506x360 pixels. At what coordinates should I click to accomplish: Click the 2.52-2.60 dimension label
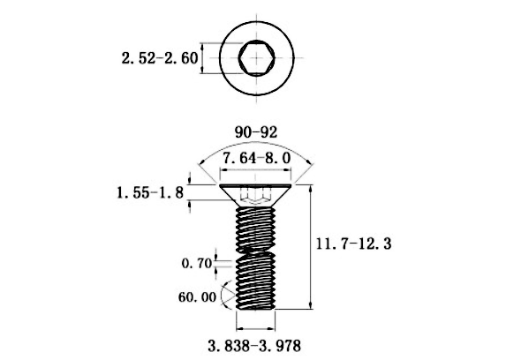(160, 58)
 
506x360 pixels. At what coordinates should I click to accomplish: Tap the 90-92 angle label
(256, 132)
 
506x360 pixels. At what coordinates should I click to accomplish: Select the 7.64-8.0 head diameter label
(257, 159)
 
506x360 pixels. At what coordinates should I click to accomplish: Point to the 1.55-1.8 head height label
(150, 193)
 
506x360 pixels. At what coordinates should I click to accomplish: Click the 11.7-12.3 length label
(353, 244)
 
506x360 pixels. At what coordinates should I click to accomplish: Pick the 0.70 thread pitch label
(197, 264)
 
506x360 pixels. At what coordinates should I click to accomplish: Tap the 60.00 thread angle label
(197, 297)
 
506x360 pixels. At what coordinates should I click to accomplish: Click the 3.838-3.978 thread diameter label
(254, 347)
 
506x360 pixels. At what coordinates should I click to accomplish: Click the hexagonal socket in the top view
(257, 58)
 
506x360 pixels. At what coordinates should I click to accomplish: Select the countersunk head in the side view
(256, 196)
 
